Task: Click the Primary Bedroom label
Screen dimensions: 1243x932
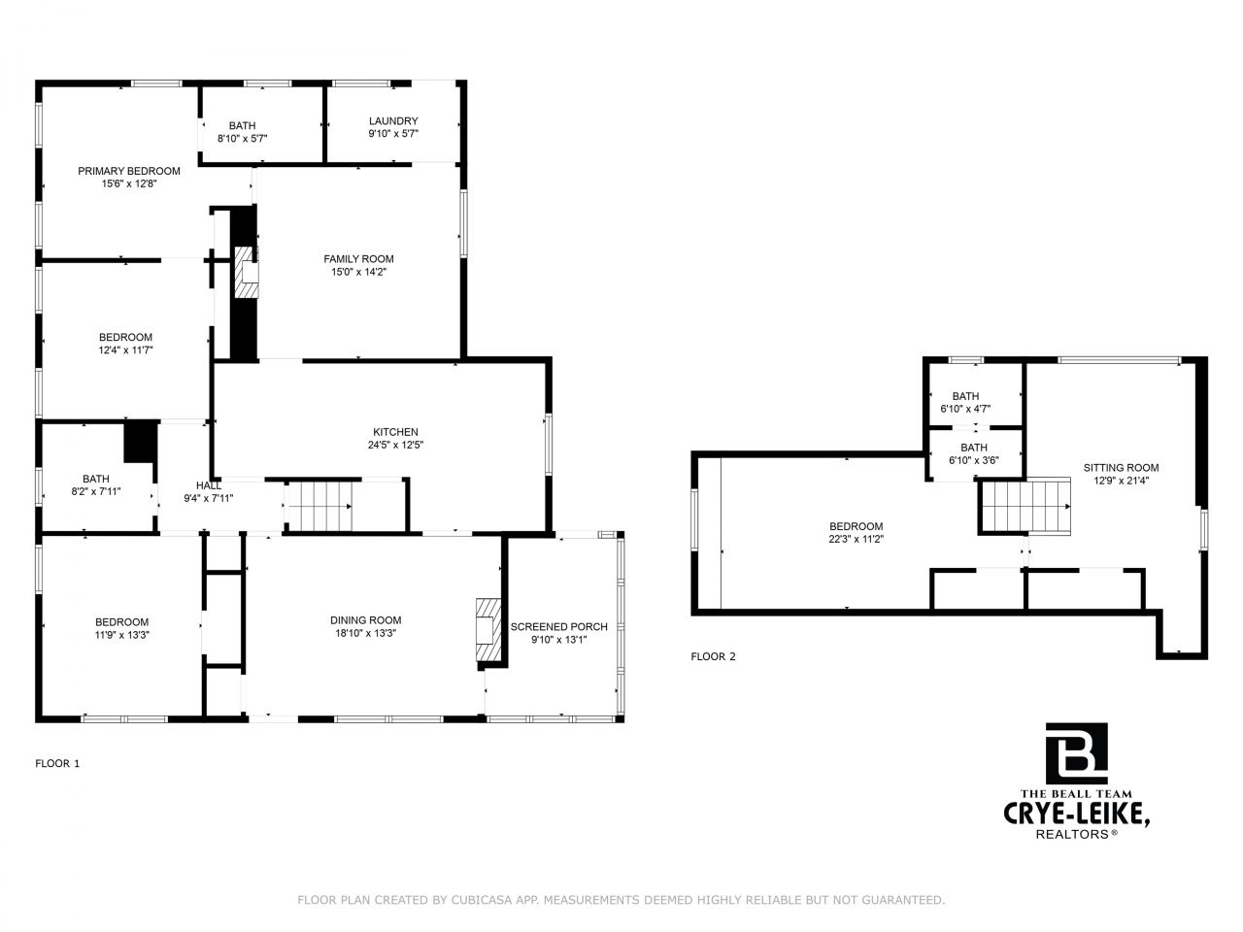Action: click(129, 171)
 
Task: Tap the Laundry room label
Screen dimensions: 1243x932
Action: click(393, 121)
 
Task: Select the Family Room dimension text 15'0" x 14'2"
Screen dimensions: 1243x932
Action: click(359, 272)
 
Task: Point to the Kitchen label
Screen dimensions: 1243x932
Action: click(395, 432)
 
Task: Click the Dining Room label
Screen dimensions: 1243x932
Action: click(366, 620)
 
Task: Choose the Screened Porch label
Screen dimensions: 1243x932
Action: click(559, 627)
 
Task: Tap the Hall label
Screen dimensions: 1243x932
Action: click(209, 485)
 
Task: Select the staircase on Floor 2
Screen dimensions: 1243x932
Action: click(1025, 507)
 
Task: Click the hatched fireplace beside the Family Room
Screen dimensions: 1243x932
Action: click(247, 272)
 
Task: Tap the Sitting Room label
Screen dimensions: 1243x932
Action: click(1122, 468)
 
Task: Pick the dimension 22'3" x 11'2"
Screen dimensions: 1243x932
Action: click(857, 539)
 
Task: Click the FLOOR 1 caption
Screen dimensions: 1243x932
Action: click(57, 763)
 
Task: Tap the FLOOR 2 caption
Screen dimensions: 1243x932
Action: click(713, 656)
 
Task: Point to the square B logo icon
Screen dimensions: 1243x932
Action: click(1077, 753)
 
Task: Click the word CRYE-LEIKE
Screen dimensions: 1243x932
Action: click(1077, 815)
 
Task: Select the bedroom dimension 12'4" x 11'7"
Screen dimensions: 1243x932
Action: click(125, 350)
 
